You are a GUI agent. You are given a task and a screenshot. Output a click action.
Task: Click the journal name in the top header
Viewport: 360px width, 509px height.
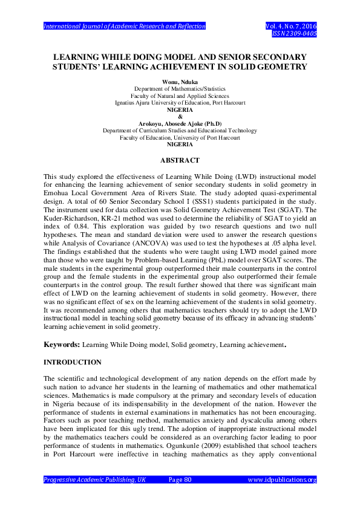point(125,26)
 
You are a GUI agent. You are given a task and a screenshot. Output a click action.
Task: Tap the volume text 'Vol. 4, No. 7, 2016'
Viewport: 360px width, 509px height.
point(291,26)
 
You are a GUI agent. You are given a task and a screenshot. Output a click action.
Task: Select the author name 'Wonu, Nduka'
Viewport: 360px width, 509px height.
point(180,82)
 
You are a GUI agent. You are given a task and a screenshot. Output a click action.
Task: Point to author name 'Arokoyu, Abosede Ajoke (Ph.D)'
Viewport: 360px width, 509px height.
point(180,123)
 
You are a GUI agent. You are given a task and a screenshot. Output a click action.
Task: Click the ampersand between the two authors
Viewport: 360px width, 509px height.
point(180,117)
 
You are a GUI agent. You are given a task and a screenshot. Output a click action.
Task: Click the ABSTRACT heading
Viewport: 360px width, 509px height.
point(180,160)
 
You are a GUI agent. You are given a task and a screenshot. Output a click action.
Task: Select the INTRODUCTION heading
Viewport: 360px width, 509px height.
point(73,362)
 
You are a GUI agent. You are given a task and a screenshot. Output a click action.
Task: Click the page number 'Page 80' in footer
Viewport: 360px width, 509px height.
point(180,480)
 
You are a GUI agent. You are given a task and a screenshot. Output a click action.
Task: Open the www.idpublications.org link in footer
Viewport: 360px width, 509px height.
point(283,480)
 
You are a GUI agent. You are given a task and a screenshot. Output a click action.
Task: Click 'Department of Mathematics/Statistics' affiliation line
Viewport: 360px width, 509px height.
point(180,89)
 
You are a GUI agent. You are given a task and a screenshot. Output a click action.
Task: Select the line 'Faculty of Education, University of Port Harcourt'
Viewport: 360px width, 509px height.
point(180,137)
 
